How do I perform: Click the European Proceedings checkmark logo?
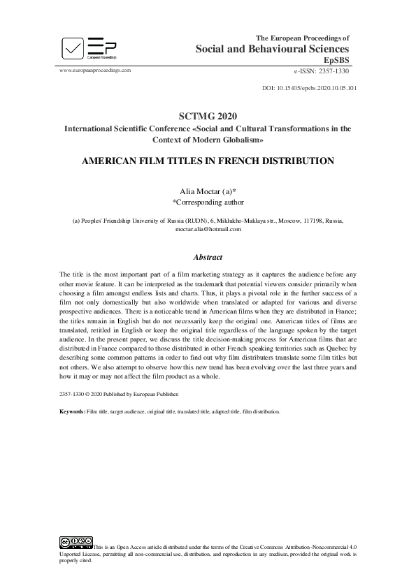click(x=72, y=49)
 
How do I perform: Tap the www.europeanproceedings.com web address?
click(x=96, y=71)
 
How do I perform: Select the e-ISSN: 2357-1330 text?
click(x=322, y=71)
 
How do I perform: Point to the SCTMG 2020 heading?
click(x=208, y=117)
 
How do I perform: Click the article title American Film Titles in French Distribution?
click(x=208, y=161)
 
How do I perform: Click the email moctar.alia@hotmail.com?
click(x=208, y=229)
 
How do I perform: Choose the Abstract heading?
click(x=208, y=256)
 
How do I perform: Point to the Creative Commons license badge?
click(x=76, y=541)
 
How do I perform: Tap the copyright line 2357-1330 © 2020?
click(x=105, y=394)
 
